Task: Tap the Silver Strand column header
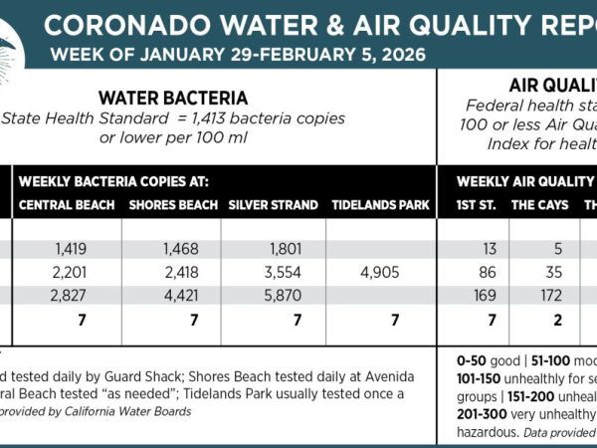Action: coord(273,205)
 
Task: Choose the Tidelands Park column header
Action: coord(380,205)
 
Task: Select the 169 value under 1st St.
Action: coord(482,295)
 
